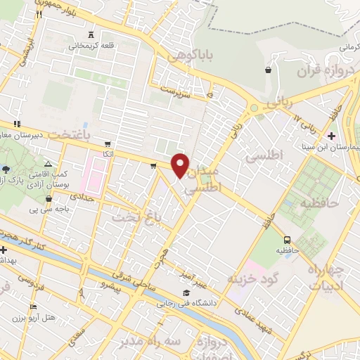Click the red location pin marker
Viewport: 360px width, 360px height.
point(181,165)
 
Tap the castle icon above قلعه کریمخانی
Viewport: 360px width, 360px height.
point(91,34)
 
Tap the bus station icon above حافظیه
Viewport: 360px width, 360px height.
point(288,238)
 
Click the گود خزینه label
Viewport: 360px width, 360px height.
point(254,278)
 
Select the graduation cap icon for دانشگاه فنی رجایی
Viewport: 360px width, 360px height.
point(186,293)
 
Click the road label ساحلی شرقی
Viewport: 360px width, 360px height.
point(146,275)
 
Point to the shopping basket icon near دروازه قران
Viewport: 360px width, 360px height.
point(269,70)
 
